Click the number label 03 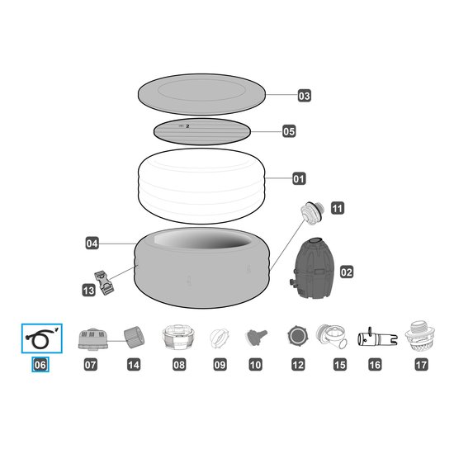pyautogui.click(x=305, y=96)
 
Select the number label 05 pyautogui.click(x=289, y=131)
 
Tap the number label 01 pyautogui.click(x=299, y=178)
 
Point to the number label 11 pyautogui.click(x=338, y=208)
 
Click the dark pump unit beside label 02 pyautogui.click(x=314, y=269)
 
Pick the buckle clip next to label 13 pyautogui.click(x=104, y=282)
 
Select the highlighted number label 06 pyautogui.click(x=40, y=365)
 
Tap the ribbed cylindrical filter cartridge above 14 pyautogui.click(x=134, y=337)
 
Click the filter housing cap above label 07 pyautogui.click(x=93, y=338)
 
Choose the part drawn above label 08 pyautogui.click(x=178, y=337)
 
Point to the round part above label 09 pyautogui.click(x=220, y=338)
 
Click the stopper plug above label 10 pyautogui.click(x=256, y=338)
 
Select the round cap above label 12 pyautogui.click(x=298, y=336)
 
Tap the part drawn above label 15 pyautogui.click(x=332, y=338)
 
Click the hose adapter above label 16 pyautogui.click(x=377, y=338)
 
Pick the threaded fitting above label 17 pyautogui.click(x=420, y=337)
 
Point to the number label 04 pyautogui.click(x=92, y=244)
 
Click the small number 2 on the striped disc pyautogui.click(x=187, y=126)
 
